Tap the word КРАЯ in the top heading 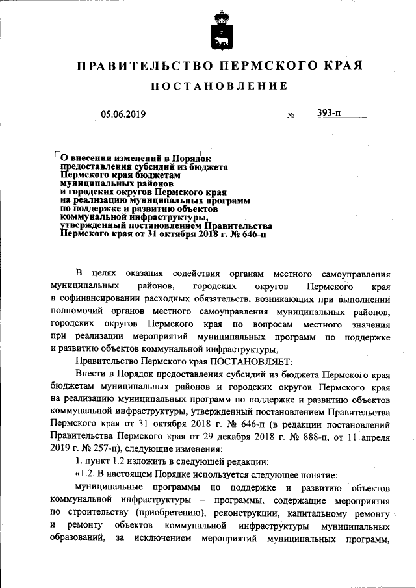339,66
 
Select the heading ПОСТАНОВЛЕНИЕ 218,86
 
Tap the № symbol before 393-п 291,116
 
